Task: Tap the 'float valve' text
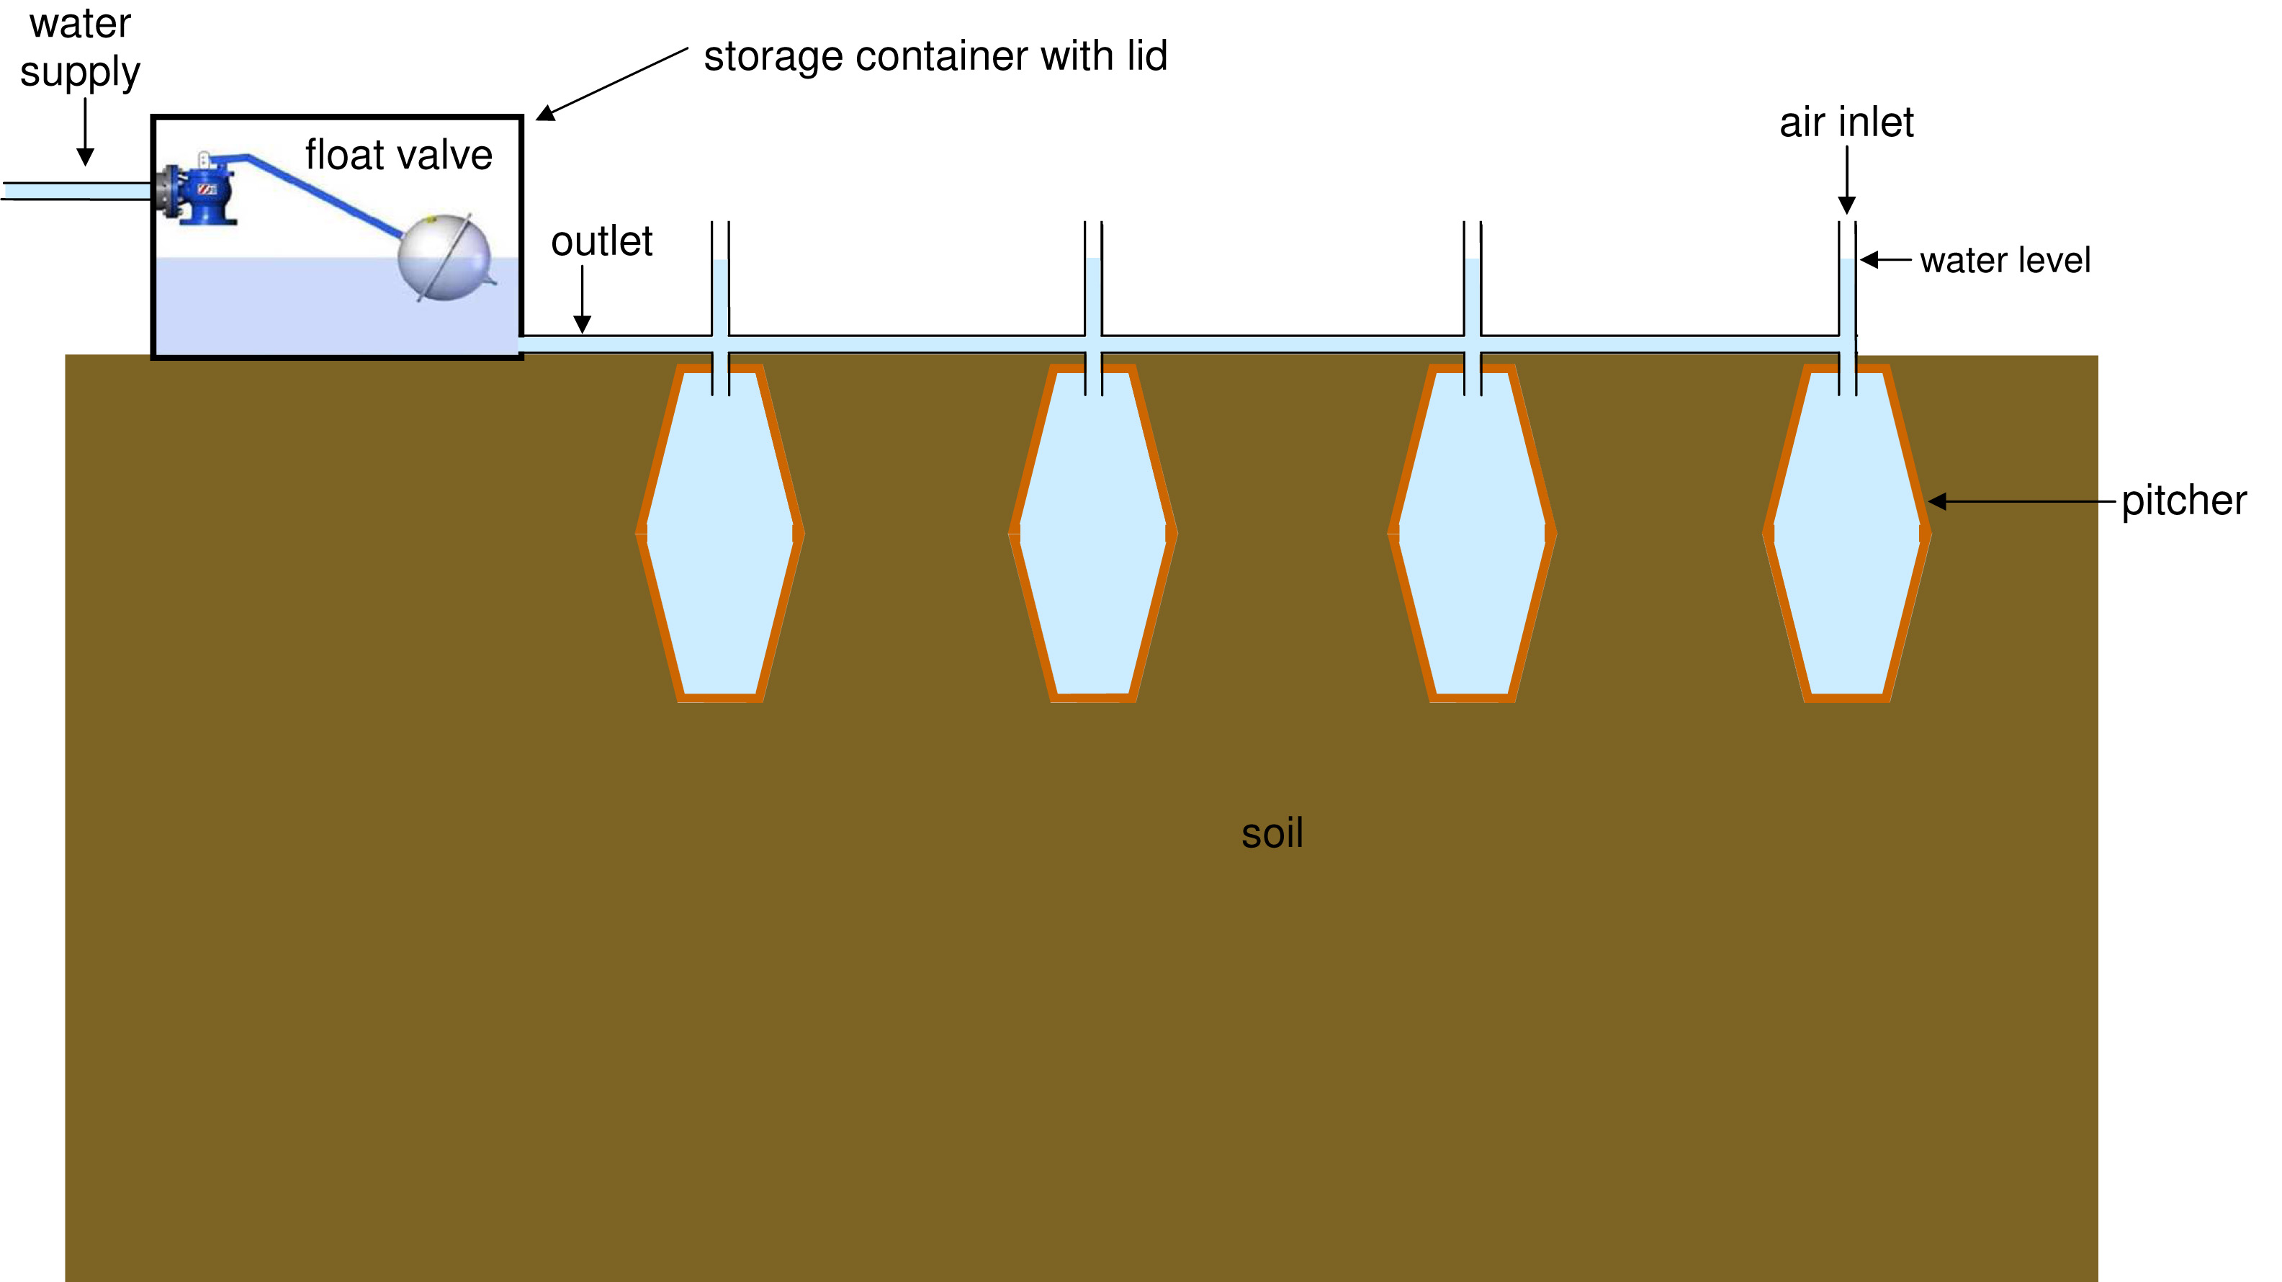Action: [x=399, y=155]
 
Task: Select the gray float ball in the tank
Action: [x=444, y=258]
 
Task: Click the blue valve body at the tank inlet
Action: [x=207, y=194]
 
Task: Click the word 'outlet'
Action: [x=601, y=242]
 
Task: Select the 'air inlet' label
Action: [x=1846, y=122]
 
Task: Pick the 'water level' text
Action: [x=2005, y=261]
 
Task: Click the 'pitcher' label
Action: [x=2183, y=501]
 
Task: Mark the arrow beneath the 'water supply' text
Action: [x=85, y=131]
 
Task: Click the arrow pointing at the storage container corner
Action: [x=612, y=84]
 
